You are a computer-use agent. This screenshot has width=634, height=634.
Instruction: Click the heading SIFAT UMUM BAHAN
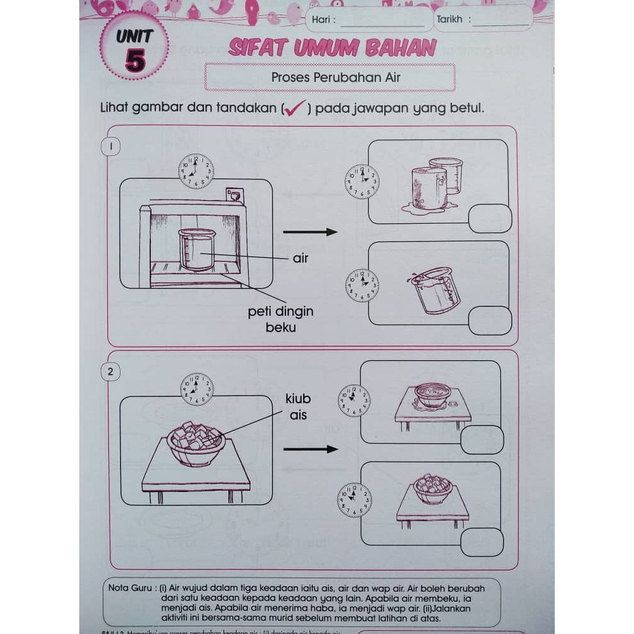(x=332, y=48)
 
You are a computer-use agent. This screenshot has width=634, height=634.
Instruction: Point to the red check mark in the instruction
(x=294, y=108)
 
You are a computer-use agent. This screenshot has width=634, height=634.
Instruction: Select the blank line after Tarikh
(x=501, y=22)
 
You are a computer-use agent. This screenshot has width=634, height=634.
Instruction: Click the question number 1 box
(x=111, y=147)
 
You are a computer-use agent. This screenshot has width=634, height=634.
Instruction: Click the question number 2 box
(x=111, y=372)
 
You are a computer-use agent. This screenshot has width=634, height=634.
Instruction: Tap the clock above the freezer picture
(x=196, y=171)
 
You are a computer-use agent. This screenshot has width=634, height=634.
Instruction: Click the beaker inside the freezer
(x=197, y=249)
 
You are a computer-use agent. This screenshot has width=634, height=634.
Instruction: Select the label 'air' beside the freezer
(x=301, y=259)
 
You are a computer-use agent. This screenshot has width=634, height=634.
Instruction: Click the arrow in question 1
(x=310, y=232)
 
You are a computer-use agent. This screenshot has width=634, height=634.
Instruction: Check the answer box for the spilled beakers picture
(x=489, y=219)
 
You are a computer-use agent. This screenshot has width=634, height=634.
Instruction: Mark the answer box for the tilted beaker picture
(x=489, y=320)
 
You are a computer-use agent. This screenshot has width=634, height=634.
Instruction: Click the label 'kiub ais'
(x=298, y=407)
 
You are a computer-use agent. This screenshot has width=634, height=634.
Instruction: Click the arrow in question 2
(x=310, y=450)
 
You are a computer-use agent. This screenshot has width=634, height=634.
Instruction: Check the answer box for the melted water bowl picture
(x=482, y=439)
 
